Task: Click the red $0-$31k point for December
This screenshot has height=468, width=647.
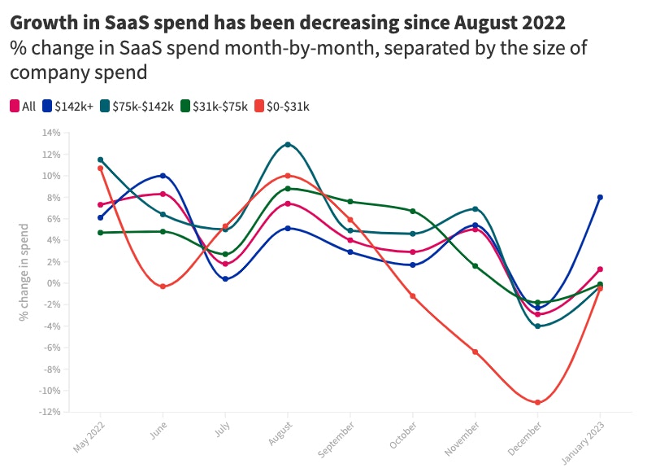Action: click(537, 403)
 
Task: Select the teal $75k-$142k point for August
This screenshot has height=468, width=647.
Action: click(288, 145)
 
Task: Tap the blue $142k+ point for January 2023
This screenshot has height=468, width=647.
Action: click(600, 197)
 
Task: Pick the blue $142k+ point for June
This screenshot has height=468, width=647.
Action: click(163, 176)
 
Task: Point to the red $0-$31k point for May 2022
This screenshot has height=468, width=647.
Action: click(100, 168)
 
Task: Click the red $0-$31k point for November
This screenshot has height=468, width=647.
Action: click(475, 352)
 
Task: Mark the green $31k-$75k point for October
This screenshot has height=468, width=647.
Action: click(413, 211)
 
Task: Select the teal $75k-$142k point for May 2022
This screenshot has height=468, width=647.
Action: click(100, 160)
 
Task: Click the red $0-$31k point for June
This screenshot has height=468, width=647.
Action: click(163, 286)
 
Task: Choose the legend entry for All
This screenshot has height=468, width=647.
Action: click(23, 106)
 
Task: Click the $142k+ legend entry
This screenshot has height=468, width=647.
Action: click(68, 106)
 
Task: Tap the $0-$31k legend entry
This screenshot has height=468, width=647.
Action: click(282, 106)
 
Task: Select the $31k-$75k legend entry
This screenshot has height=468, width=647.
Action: click(214, 106)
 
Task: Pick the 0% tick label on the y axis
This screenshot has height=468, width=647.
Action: click(54, 283)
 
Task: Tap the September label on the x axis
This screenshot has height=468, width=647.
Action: click(339, 437)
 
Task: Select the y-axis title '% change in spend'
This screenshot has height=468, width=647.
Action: click(26, 272)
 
